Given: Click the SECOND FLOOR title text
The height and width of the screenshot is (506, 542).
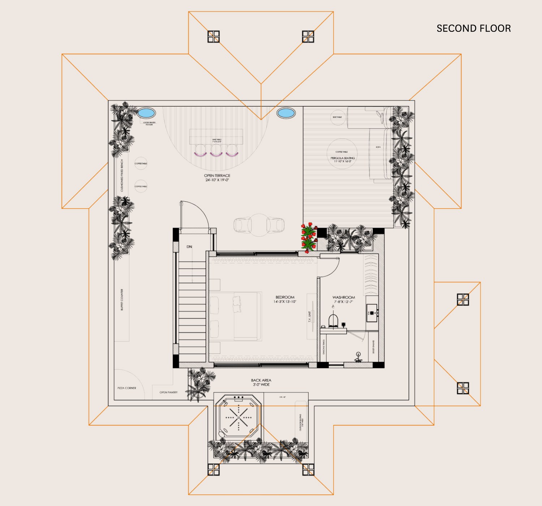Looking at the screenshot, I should click(473, 29).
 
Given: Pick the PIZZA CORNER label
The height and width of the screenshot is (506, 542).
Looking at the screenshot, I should click(127, 388).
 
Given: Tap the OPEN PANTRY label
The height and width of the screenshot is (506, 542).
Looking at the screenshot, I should click(168, 392).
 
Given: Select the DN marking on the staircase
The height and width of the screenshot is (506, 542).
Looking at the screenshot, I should click(189, 247).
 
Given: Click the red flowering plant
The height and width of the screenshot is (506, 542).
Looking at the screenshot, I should click(309, 237).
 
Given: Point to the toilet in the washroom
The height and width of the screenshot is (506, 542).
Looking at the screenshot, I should click(333, 320).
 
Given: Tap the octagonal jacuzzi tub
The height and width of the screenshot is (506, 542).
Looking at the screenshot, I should click(238, 417).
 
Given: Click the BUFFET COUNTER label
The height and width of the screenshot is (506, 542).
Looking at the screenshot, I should click(122, 299).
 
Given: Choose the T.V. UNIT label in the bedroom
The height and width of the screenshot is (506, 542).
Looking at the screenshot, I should click(310, 316).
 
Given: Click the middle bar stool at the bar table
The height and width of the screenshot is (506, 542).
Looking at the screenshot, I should click(216, 150).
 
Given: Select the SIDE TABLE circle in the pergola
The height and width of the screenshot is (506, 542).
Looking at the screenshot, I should click(337, 117).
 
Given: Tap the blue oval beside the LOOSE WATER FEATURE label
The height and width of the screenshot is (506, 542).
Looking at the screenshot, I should click(146, 113).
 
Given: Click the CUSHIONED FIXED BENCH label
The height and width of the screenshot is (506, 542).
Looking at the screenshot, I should click(122, 175).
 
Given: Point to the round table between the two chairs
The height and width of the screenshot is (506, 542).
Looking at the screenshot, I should click(259, 225).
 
